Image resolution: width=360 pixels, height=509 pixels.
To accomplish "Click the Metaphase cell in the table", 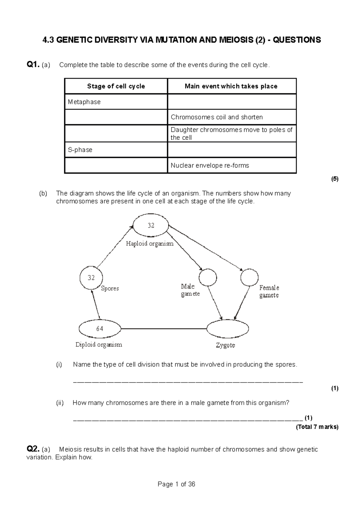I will point(115,102).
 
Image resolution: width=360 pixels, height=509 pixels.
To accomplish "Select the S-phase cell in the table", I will point(115,150).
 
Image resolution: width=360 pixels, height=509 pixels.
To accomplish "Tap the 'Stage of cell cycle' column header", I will point(116,86).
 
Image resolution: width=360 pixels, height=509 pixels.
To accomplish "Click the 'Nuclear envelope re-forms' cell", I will point(232,165).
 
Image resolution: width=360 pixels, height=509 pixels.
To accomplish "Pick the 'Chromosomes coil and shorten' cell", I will point(232,117).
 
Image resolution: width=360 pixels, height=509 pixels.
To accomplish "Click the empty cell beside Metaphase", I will point(232,102).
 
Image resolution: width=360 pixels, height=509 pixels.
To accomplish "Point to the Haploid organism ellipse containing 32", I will point(151,225).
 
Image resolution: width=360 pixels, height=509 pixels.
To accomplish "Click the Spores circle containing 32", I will point(91,278).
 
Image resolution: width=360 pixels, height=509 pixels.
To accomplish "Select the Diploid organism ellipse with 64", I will point(100,329).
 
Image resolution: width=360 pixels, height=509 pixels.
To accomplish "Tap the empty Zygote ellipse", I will point(228,329).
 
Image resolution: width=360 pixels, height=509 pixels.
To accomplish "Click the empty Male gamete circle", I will point(208,277).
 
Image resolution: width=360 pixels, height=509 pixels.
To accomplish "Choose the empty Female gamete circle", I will point(249,278).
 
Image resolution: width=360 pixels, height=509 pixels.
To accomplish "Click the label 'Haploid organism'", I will point(150,244).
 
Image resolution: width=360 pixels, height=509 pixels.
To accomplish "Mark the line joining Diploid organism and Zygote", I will point(164,329).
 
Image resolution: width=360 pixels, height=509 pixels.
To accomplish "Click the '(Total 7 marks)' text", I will point(317,427).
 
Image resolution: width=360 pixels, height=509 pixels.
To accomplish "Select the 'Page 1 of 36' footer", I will point(176,484).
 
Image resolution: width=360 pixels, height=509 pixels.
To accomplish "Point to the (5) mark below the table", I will point(334,179).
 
